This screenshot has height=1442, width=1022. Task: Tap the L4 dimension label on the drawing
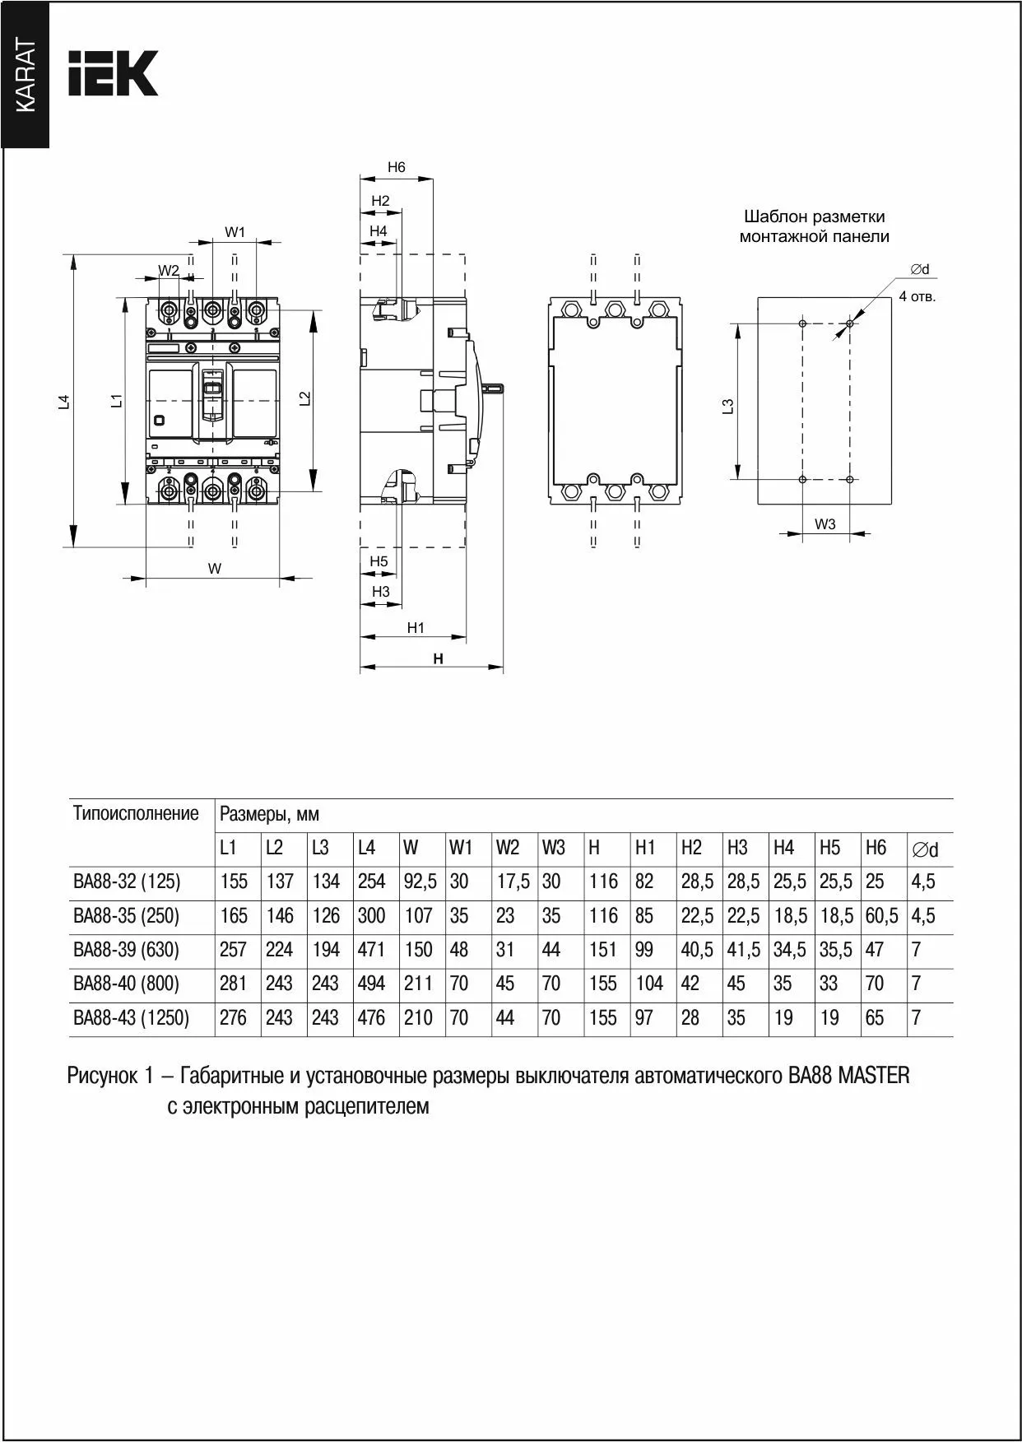click(64, 402)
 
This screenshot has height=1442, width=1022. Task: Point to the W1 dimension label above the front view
click(235, 232)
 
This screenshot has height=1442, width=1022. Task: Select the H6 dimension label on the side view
click(397, 167)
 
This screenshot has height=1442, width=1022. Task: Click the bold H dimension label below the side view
click(439, 658)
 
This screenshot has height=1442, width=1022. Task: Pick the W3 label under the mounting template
click(825, 523)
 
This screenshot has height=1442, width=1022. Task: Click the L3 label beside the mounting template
click(727, 406)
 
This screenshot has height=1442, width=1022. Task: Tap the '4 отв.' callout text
click(917, 296)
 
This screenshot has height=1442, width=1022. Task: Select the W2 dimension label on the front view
click(169, 270)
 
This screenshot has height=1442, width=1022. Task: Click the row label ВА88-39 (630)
click(126, 950)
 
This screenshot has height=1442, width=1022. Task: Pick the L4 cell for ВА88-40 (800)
click(371, 984)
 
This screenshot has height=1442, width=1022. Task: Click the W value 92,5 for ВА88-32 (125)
click(419, 881)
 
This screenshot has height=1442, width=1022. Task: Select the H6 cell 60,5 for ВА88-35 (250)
click(881, 916)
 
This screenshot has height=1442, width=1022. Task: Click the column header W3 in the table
click(553, 848)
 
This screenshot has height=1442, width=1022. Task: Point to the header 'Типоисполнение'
click(136, 814)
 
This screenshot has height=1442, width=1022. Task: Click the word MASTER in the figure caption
click(874, 1076)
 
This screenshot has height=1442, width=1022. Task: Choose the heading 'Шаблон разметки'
click(814, 217)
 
